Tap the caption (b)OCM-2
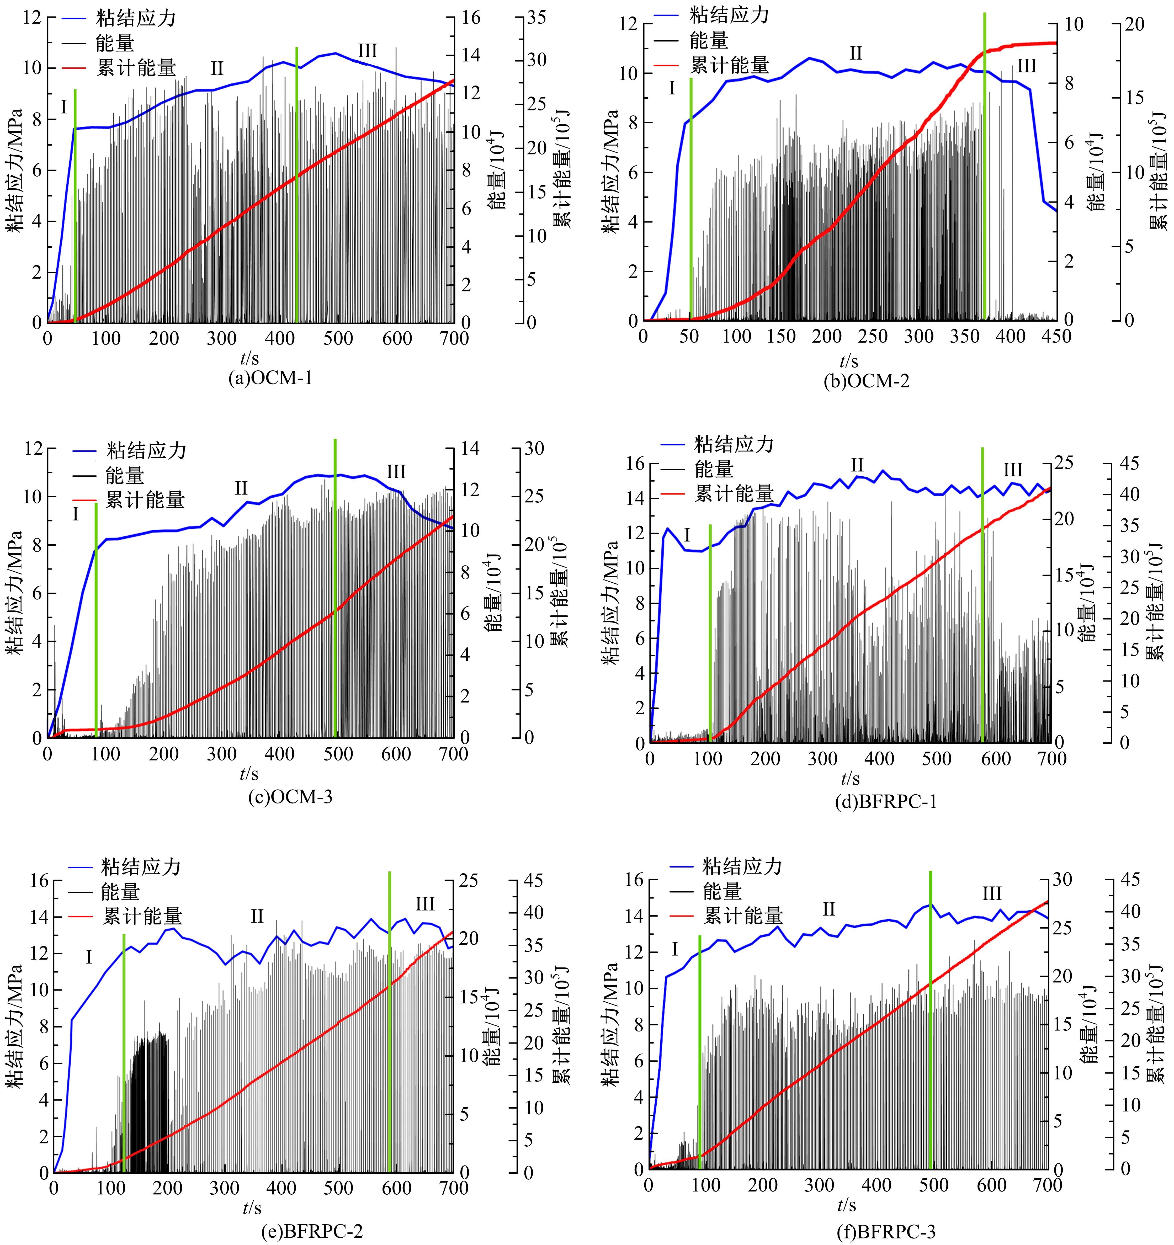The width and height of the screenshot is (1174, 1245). pyautogui.click(x=867, y=381)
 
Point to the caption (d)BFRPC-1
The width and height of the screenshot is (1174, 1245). pyautogui.click(x=886, y=802)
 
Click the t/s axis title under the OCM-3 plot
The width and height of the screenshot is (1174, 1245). pyautogui.click(x=249, y=774)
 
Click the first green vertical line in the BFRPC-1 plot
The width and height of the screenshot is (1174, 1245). pyautogui.click(x=710, y=632)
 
